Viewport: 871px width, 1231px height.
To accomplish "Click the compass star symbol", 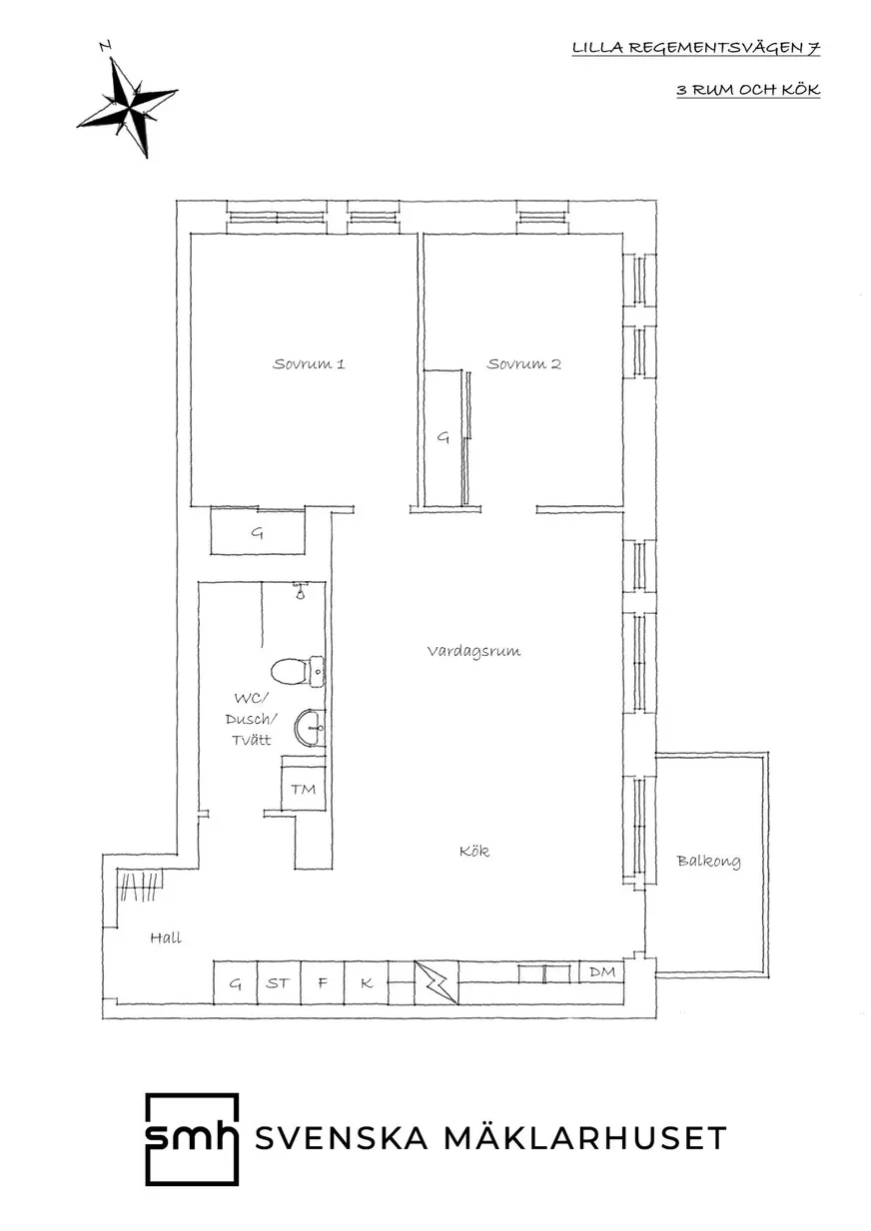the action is pyautogui.click(x=128, y=102).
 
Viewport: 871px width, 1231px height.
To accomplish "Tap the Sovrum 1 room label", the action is pyautogui.click(x=309, y=363).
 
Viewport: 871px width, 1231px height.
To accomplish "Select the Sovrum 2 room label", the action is pyautogui.click(x=523, y=363).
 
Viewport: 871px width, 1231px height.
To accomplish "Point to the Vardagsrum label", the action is pyautogui.click(x=473, y=651).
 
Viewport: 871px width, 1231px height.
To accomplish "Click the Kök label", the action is pyautogui.click(x=474, y=851).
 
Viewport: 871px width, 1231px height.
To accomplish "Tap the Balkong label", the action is pyautogui.click(x=708, y=861).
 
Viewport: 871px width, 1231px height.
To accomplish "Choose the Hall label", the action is pyautogui.click(x=166, y=937).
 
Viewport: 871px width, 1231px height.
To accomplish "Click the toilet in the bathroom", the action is pyautogui.click(x=298, y=671).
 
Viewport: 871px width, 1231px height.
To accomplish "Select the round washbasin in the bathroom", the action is pyautogui.click(x=310, y=728).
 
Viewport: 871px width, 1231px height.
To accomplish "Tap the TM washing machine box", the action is pyautogui.click(x=303, y=789).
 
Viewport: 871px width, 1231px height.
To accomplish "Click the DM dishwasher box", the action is pyautogui.click(x=602, y=972).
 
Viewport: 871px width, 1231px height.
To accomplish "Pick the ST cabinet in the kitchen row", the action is pyautogui.click(x=279, y=982).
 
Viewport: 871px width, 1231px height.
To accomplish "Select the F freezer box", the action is pyautogui.click(x=323, y=982).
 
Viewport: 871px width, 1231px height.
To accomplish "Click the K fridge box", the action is pyautogui.click(x=367, y=982).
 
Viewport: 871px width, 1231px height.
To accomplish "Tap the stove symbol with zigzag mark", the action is pyautogui.click(x=436, y=982).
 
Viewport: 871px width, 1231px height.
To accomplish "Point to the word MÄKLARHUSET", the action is pyautogui.click(x=585, y=1137).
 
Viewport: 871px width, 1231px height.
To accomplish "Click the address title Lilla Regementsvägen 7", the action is pyautogui.click(x=696, y=48).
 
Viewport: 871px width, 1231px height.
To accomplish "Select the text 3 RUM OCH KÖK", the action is pyautogui.click(x=748, y=90).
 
